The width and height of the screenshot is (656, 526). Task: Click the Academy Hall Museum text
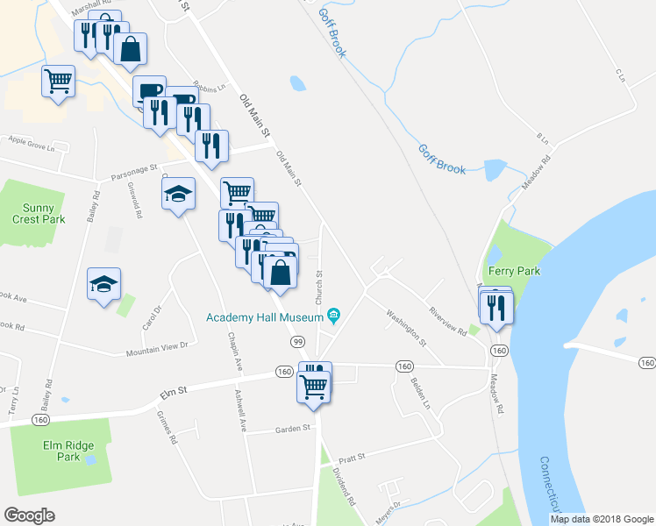click(x=263, y=317)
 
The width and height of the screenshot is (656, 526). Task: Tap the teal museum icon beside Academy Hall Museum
click(x=333, y=316)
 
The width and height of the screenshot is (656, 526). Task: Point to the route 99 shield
click(x=297, y=340)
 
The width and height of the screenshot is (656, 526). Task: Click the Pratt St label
click(x=349, y=457)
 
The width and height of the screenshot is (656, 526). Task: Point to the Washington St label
click(x=405, y=325)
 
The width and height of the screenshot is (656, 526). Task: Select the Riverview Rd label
click(x=446, y=318)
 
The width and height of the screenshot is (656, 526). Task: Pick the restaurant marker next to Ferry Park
click(x=497, y=306)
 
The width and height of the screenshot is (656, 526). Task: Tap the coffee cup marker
click(x=149, y=90)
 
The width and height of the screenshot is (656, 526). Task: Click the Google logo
click(x=29, y=515)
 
